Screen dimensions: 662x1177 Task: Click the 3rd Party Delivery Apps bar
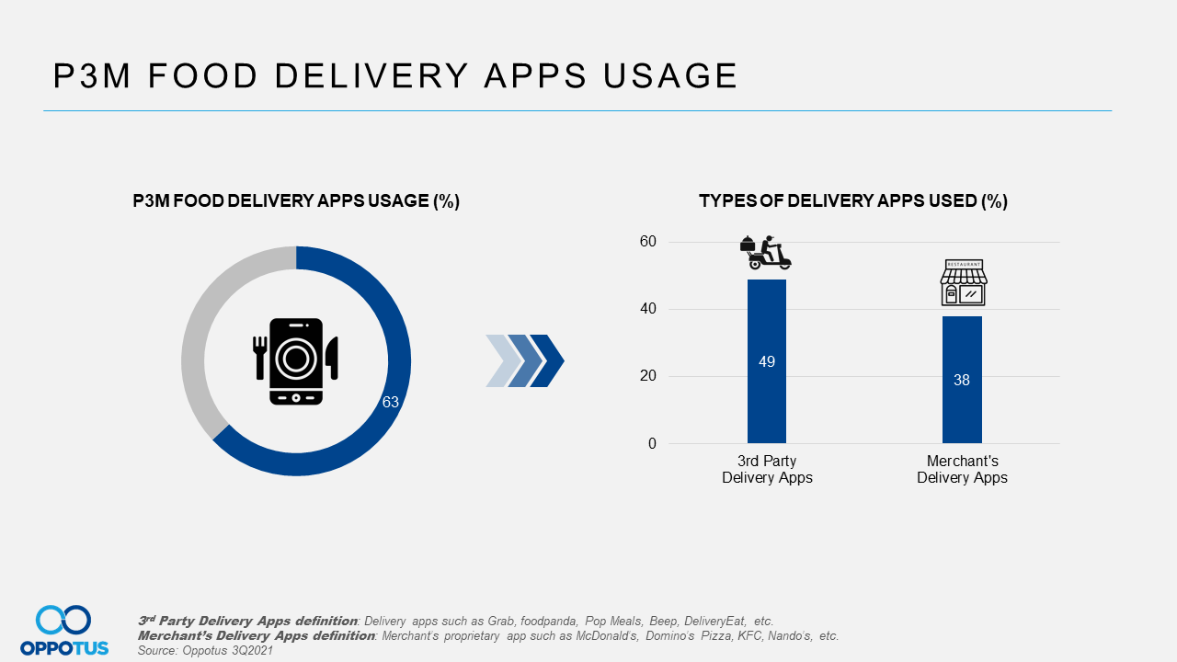click(766, 405)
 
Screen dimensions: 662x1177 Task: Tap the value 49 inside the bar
click(767, 362)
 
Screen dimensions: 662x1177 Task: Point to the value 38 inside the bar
click(962, 380)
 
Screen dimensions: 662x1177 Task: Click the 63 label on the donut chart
click(391, 403)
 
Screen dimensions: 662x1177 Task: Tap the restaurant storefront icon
click(963, 282)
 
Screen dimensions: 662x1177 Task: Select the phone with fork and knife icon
click(296, 360)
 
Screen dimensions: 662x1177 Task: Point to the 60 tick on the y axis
click(649, 242)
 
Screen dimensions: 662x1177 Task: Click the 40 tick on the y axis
click(649, 309)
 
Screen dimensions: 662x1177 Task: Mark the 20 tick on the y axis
click(649, 376)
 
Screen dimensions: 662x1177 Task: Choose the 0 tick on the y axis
click(653, 443)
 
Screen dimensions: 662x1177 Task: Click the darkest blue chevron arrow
click(549, 360)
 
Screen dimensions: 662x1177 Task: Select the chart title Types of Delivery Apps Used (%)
click(853, 201)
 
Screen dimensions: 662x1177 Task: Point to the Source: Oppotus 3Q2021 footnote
click(205, 650)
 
